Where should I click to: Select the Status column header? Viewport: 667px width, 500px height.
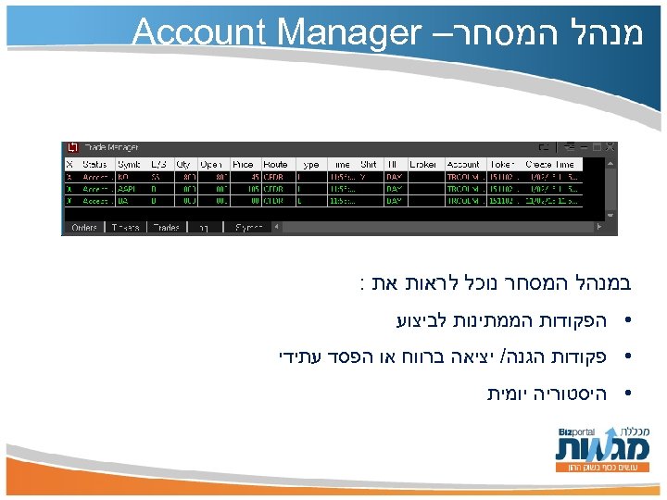click(95, 164)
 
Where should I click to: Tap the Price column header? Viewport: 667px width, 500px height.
click(244, 164)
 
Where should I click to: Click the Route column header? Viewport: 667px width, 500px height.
click(276, 164)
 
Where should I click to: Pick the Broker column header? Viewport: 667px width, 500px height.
click(423, 164)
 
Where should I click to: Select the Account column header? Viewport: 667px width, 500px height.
click(463, 164)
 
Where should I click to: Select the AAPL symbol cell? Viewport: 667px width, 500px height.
click(127, 187)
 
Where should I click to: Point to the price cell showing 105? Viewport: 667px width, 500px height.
click(247, 187)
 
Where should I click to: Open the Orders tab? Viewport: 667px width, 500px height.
click(84, 227)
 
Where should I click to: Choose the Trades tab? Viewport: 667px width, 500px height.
click(167, 227)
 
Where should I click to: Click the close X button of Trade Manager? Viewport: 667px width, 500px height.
click(610, 147)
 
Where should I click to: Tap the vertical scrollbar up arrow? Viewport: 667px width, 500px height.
click(610, 163)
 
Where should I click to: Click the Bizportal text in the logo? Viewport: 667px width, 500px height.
click(576, 432)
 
